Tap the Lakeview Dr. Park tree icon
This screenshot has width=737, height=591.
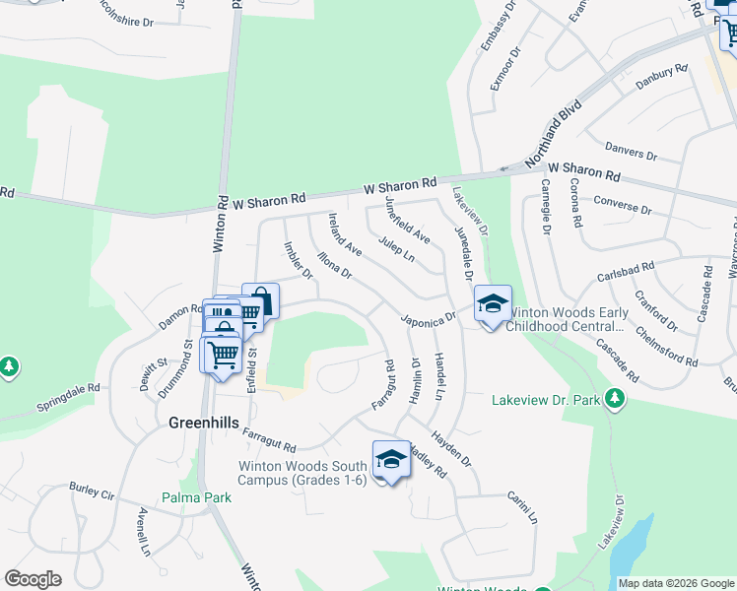[x=616, y=398]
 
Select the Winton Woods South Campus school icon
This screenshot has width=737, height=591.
[x=391, y=460]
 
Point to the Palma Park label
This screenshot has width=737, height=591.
[x=198, y=497]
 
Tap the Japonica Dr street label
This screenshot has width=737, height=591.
[x=428, y=318]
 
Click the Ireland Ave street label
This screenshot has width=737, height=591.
[x=345, y=234]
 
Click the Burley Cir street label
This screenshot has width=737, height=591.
[x=92, y=489]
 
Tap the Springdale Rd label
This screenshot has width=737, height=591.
[x=69, y=397]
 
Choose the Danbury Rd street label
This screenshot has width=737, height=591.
[x=660, y=78]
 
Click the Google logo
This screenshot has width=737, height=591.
[x=33, y=579]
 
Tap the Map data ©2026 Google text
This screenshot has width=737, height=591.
[x=675, y=583]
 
